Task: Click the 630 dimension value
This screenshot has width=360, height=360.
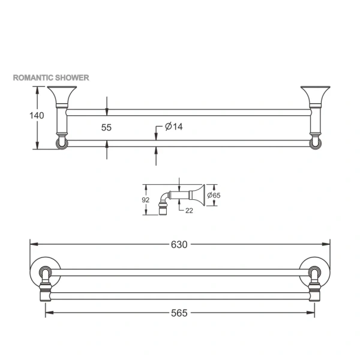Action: [x=179, y=244]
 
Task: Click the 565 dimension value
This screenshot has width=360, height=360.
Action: [x=179, y=313]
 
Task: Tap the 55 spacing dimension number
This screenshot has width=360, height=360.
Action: [x=106, y=127]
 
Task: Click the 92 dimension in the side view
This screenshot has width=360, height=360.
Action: [x=145, y=199]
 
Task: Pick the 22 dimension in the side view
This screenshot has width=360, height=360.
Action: [x=189, y=209]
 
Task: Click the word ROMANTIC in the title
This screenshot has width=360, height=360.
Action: [x=34, y=78]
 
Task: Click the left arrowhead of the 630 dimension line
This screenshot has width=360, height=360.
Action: [x=32, y=244]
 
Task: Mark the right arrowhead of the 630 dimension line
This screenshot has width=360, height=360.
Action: [x=328, y=244]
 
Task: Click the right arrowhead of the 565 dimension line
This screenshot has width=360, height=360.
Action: [x=313, y=313]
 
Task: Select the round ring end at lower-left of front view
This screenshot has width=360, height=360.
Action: [x=60, y=143]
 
